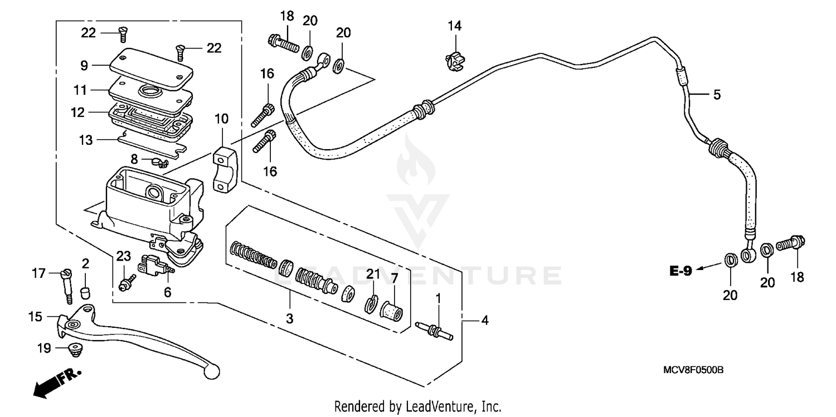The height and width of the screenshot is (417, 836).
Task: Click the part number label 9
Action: (x=84, y=65)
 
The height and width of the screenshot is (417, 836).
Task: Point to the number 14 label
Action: (x=455, y=26)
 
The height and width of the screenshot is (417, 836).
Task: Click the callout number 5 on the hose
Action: (x=717, y=95)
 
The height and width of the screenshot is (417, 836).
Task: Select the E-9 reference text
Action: (x=681, y=272)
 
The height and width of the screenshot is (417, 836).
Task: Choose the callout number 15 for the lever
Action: (x=35, y=317)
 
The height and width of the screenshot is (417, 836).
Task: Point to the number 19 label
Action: (x=44, y=349)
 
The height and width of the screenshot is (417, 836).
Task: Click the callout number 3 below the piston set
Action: (x=290, y=318)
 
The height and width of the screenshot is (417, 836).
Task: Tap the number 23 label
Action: (x=124, y=256)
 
